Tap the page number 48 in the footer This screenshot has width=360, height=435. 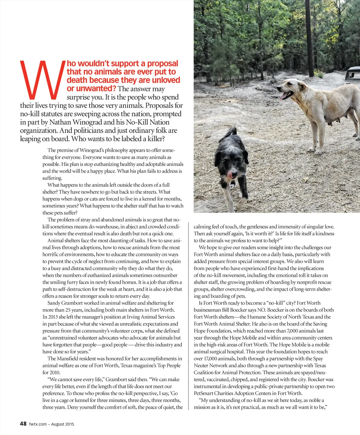23,424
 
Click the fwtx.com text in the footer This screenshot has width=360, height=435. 38,424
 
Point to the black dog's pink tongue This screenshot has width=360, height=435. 230,174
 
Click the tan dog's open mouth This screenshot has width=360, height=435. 286,95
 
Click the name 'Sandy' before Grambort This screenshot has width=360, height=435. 54,303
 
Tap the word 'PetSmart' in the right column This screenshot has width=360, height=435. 204,394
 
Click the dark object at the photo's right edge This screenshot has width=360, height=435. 352,73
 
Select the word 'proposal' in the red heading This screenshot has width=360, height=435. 163,64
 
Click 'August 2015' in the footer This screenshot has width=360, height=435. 63,424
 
